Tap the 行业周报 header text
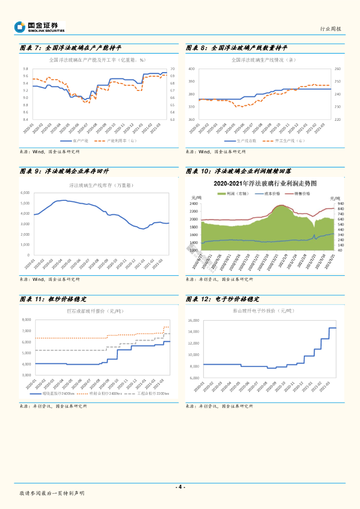click(331, 29)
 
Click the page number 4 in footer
click(180, 487)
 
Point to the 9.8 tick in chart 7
click(25, 69)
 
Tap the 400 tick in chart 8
click(191, 69)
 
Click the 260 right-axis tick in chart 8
click(337, 69)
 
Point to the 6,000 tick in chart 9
click(25, 192)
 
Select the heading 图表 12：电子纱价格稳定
click(222, 299)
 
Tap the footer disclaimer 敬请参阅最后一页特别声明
click(52, 493)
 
